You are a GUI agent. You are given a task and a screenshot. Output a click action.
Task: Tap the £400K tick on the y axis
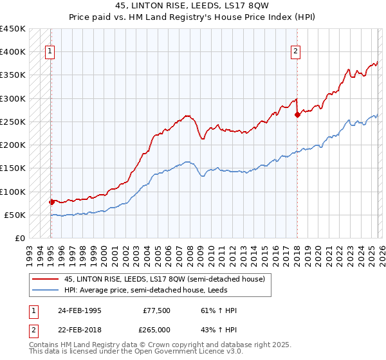click(13, 52)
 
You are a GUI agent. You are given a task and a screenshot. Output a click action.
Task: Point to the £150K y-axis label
click(13, 168)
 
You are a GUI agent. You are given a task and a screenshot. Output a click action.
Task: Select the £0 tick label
click(19, 239)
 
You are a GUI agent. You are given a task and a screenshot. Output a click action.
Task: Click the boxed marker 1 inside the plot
click(50, 53)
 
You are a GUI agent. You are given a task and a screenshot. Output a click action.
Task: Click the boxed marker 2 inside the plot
click(295, 53)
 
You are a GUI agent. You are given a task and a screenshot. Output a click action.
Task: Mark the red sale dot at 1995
click(51, 202)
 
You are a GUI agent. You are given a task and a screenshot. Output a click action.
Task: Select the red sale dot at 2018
click(297, 115)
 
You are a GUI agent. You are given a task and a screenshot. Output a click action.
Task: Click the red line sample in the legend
click(46, 278)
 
